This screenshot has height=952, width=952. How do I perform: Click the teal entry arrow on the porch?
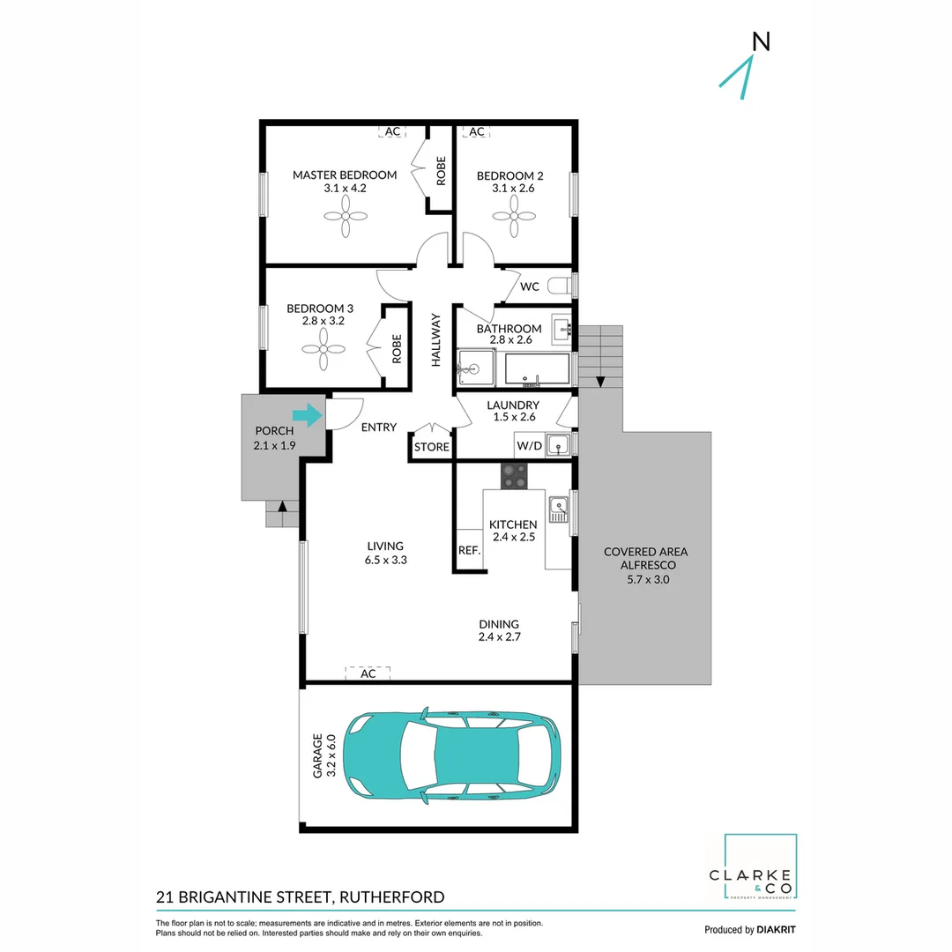(x=307, y=414)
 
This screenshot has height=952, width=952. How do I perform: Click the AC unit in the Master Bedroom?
(x=392, y=131)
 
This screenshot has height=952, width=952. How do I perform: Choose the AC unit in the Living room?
(x=368, y=673)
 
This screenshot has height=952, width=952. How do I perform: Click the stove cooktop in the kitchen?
(x=514, y=476)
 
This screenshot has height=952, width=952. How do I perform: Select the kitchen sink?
(x=557, y=509)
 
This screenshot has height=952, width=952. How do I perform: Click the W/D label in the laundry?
(x=529, y=446)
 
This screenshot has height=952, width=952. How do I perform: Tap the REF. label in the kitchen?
(x=469, y=551)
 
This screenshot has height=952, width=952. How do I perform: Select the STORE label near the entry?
(x=432, y=447)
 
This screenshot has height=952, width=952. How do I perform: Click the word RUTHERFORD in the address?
(x=390, y=897)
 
